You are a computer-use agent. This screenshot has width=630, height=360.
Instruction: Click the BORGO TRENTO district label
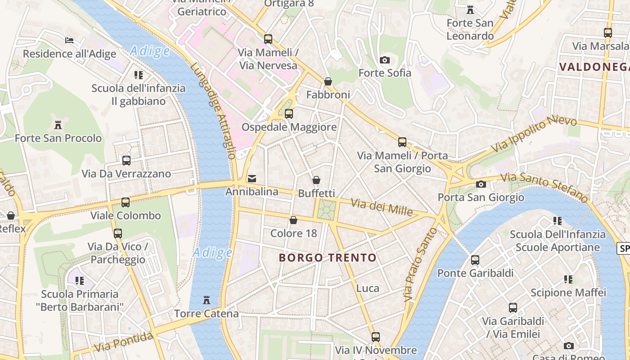[327, 258]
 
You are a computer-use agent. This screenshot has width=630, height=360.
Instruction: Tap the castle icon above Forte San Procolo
[58, 125]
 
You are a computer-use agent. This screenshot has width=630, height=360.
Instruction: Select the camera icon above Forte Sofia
[384, 60]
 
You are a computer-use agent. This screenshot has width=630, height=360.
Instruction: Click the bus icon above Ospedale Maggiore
[289, 114]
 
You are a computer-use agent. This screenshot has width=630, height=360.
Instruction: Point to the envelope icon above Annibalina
[252, 179]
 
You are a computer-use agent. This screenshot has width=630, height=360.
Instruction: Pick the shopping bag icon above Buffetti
[316, 180]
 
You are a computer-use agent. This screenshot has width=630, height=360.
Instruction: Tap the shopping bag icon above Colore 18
[293, 220]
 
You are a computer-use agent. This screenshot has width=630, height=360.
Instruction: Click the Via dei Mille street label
[382, 207]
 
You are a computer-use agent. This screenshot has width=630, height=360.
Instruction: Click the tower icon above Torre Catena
[207, 300]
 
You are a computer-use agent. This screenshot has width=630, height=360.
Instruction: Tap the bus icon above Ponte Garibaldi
[475, 260]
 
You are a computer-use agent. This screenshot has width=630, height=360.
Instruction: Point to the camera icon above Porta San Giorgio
[481, 184]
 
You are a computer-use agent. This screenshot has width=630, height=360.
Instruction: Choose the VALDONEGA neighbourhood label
[594, 67]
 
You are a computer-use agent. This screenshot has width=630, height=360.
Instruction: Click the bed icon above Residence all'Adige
[69, 40]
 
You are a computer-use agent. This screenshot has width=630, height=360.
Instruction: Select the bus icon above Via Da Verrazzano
[126, 160]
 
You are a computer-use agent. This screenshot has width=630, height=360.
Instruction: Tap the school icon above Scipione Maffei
[568, 279]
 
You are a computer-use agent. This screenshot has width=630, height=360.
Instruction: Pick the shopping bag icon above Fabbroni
[328, 81]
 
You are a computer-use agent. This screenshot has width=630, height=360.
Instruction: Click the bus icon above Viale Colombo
[126, 202]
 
